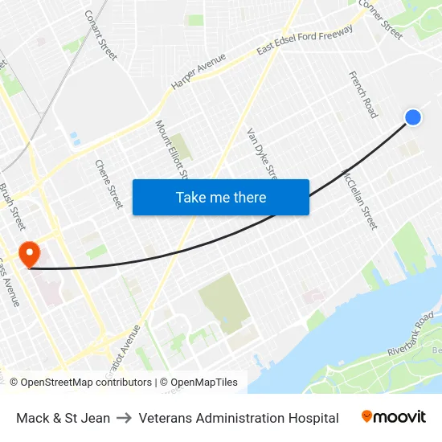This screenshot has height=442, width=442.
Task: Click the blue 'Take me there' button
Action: (x=221, y=197)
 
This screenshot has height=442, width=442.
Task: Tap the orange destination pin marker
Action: (x=29, y=255)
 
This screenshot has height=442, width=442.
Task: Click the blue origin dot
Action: (x=413, y=117)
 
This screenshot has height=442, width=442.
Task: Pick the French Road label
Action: (x=362, y=95)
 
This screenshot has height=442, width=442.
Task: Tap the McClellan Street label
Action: (x=360, y=198)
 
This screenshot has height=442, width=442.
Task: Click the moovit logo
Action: (x=394, y=417)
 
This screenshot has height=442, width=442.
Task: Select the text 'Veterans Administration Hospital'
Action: (x=239, y=418)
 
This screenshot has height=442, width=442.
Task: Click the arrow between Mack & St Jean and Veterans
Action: (x=125, y=418)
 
